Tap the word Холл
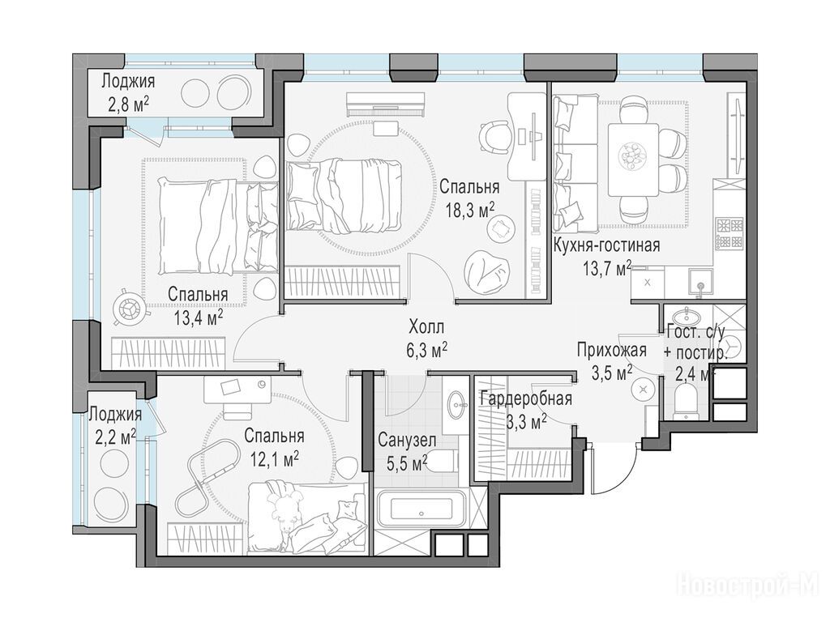click(426, 327)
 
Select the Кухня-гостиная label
click(606, 246)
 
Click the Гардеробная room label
click(525, 398)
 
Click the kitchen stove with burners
click(730, 233)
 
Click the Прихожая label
click(612, 350)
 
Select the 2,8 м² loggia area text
click(129, 104)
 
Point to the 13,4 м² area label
click(198, 317)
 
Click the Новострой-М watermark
click(753, 587)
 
